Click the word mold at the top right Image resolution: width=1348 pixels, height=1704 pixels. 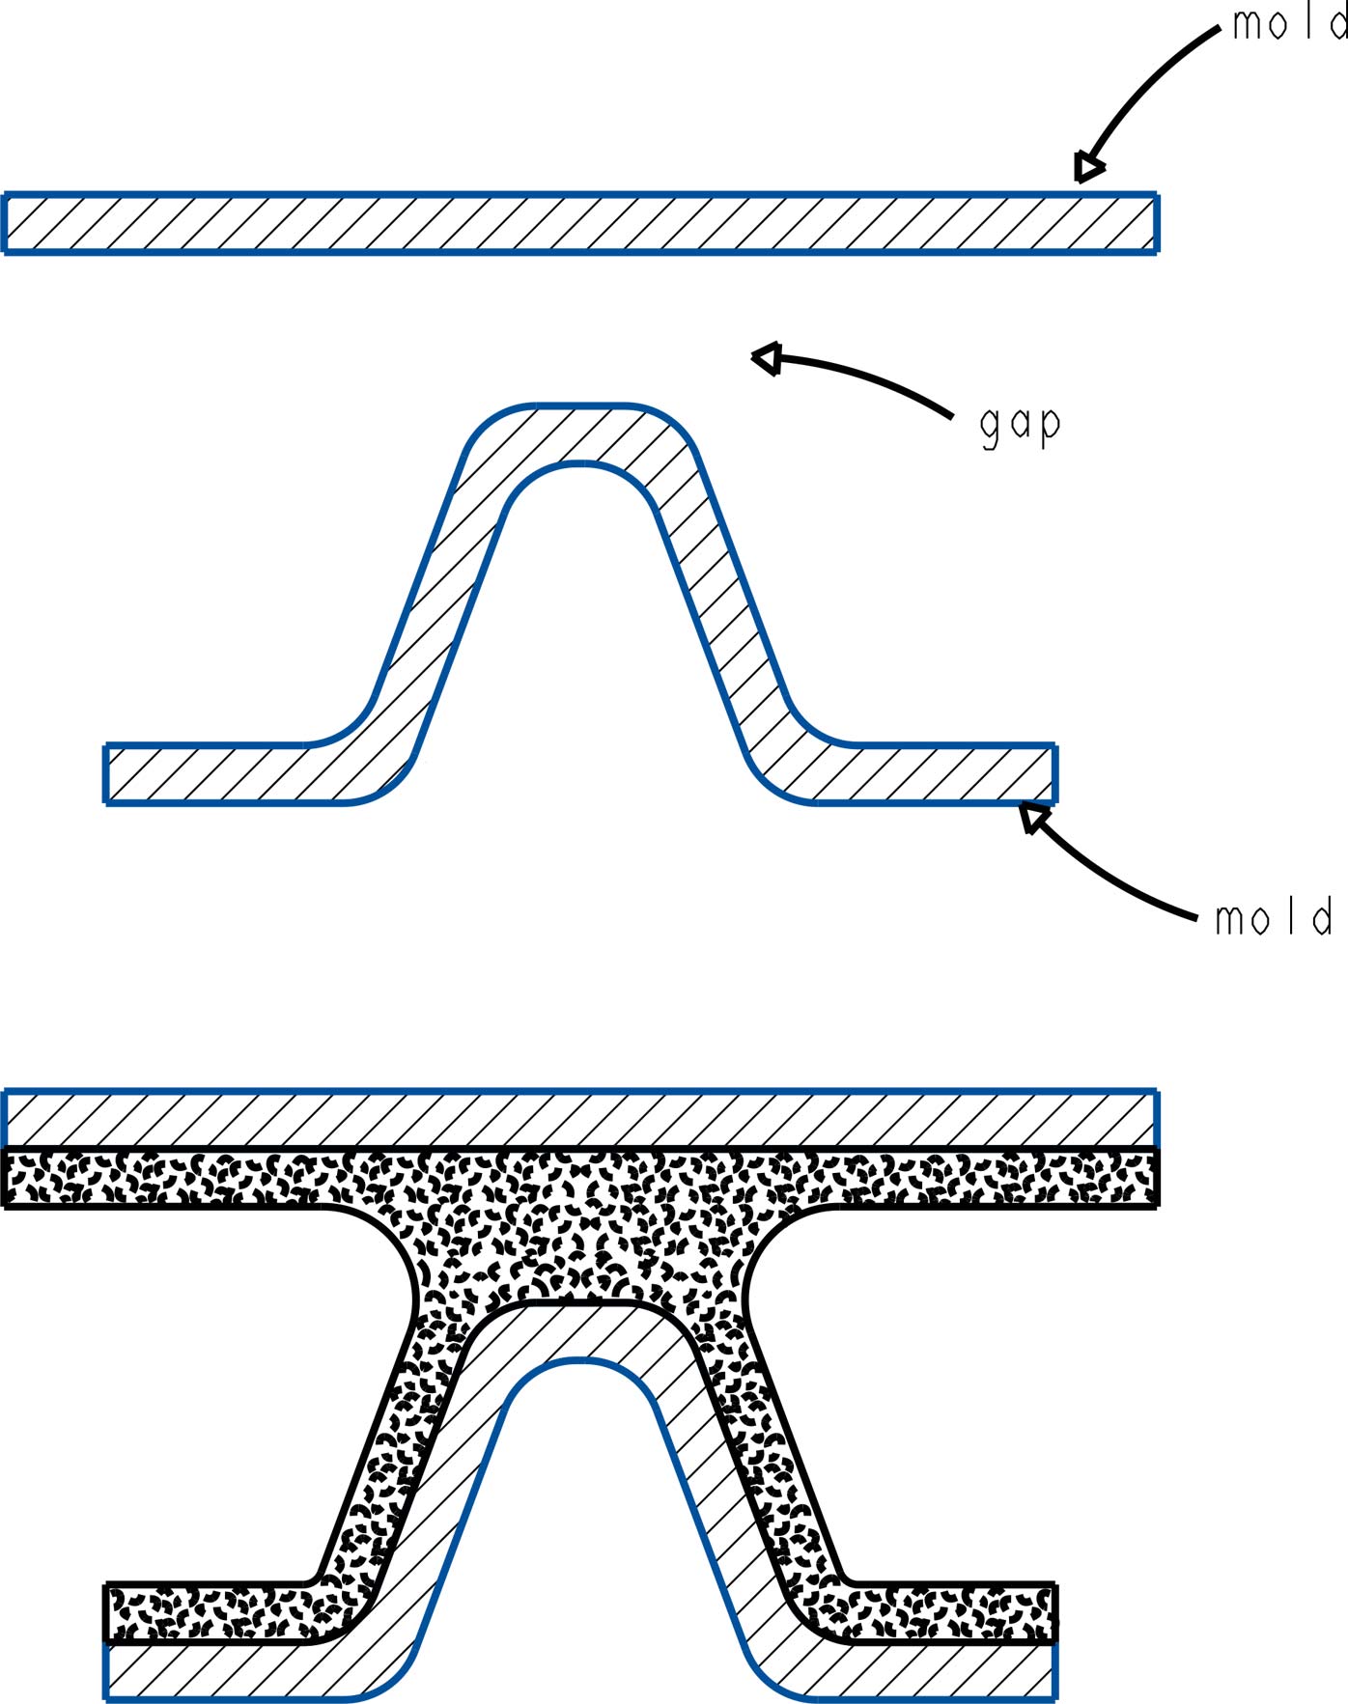click(1289, 23)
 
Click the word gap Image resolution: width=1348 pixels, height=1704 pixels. click(1020, 425)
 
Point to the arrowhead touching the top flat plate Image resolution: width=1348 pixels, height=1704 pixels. click(1089, 168)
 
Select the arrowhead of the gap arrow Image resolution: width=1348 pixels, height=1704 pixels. click(767, 359)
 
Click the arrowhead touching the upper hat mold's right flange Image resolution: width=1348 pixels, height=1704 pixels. click(1034, 819)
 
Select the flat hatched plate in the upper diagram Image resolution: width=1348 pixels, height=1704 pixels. click(579, 223)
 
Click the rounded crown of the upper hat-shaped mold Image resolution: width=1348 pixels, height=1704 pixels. click(579, 433)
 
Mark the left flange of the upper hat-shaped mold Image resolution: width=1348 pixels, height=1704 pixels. click(222, 774)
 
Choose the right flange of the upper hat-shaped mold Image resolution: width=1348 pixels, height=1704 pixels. click(937, 774)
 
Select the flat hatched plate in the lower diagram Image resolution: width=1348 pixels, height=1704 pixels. click(579, 1120)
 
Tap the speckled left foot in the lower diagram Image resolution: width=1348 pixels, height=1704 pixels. click(212, 1612)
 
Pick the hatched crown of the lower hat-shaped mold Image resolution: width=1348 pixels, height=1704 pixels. click(579, 1332)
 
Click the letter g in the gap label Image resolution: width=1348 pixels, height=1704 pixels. click(989, 427)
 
